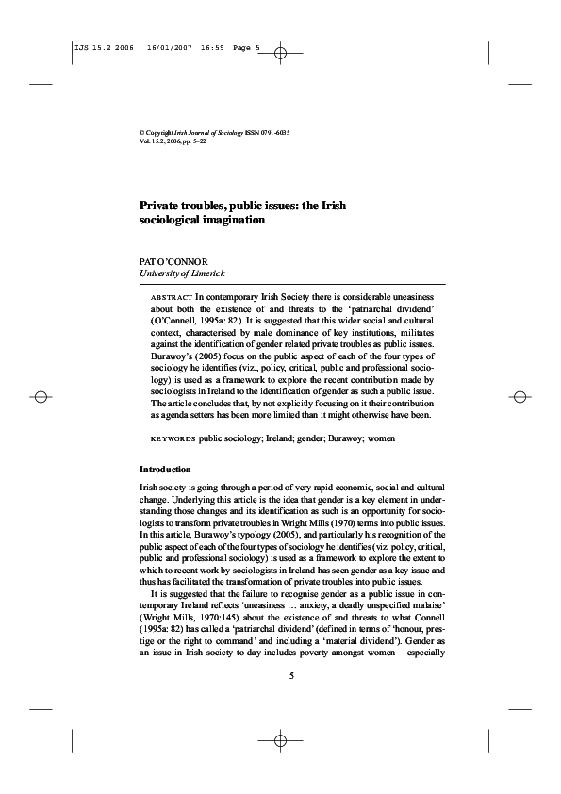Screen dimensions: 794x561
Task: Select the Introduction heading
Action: pyautogui.click(x=165, y=469)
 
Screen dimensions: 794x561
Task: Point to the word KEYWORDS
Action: pyautogui.click(x=173, y=439)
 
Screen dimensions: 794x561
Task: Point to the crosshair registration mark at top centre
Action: pyautogui.click(x=281, y=55)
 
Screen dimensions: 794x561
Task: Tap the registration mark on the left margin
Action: pyautogui.click(x=40, y=397)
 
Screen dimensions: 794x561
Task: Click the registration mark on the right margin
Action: pyautogui.click(x=521, y=397)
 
